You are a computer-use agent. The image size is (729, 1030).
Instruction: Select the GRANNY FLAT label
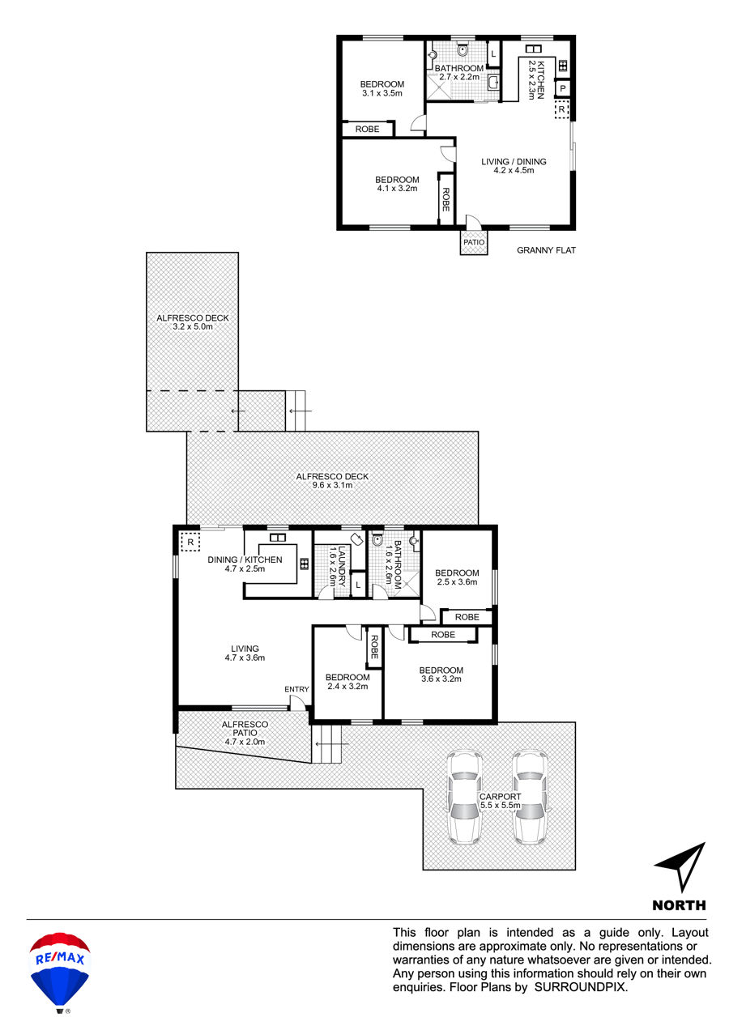(x=546, y=250)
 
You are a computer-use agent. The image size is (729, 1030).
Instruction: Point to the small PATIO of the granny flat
(x=474, y=242)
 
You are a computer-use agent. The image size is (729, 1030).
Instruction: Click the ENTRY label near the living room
(x=296, y=689)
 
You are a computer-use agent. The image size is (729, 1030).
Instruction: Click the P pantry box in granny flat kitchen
(x=562, y=88)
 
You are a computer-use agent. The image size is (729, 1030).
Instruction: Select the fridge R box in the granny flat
(x=561, y=110)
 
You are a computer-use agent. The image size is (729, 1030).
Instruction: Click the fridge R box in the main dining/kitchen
(x=190, y=543)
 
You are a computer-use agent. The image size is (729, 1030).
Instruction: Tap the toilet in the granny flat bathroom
(x=463, y=49)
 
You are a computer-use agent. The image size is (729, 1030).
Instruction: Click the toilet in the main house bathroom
(x=377, y=538)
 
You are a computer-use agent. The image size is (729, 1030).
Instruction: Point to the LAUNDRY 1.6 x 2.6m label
(x=337, y=566)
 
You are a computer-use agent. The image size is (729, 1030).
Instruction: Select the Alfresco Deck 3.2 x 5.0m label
(x=192, y=322)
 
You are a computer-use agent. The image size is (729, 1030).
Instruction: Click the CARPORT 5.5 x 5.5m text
(x=500, y=801)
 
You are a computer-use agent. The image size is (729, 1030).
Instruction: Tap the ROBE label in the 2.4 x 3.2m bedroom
(x=374, y=647)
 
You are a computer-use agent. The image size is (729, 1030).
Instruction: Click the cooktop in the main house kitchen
(x=304, y=564)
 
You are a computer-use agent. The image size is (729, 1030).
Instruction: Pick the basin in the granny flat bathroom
(x=493, y=83)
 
